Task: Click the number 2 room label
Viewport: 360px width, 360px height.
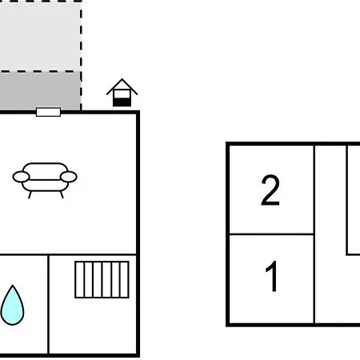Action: point(270,190)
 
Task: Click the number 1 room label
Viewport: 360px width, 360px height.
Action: point(272,276)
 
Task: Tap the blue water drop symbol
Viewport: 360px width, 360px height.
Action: point(12,305)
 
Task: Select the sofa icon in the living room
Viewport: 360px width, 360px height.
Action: point(45,180)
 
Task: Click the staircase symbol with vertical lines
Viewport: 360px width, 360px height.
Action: point(102,279)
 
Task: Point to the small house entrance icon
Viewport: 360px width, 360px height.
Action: point(122,93)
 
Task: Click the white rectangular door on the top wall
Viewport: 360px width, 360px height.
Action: point(48,112)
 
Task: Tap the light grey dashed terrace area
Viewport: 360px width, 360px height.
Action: point(40,37)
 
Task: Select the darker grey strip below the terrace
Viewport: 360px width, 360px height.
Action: point(40,90)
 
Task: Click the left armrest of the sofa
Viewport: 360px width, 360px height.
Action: point(21,177)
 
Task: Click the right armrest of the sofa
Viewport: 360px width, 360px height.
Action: point(69,177)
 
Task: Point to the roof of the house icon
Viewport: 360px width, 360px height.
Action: point(122,86)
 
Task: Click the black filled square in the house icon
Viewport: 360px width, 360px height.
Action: point(122,102)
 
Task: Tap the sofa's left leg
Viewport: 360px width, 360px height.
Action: point(30,195)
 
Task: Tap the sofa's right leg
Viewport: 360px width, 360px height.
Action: point(62,194)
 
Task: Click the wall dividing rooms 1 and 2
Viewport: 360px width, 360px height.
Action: point(271,234)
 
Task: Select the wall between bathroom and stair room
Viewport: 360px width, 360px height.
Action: point(49,305)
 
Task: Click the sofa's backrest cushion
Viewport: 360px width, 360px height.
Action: point(45,171)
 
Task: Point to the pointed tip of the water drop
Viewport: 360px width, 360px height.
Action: point(13,286)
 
